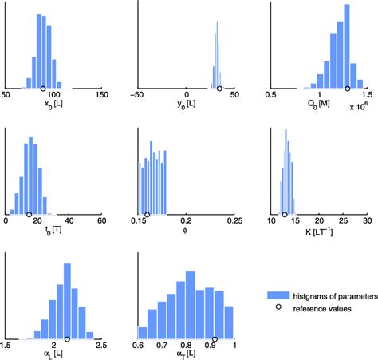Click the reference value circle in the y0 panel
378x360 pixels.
[x=219, y=89]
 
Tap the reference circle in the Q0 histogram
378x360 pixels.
[x=347, y=89]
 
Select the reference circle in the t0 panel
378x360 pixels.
[x=30, y=214]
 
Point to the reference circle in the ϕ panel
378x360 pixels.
[x=147, y=214]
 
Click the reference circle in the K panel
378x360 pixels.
[x=285, y=214]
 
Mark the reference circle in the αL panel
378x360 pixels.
[x=67, y=339]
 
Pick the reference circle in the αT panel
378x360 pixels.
[x=215, y=339]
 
